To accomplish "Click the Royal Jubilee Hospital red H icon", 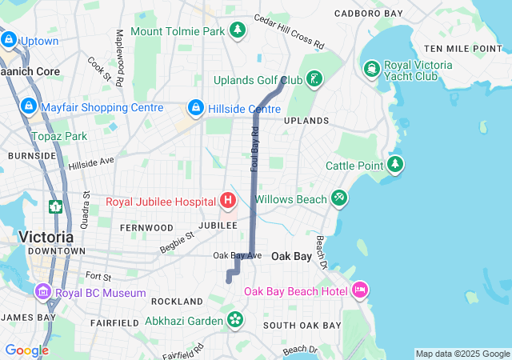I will point(228,199).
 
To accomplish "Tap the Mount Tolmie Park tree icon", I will point(237,30).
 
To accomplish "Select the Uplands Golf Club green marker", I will point(315,79).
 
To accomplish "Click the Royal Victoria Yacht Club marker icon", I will point(371,70).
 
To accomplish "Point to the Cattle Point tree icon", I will point(395,165).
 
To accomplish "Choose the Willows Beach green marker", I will point(339,198).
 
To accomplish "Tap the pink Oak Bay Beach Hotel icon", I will point(359,289).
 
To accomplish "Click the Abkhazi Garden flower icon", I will point(234,320).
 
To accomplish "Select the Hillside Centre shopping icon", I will point(194,107).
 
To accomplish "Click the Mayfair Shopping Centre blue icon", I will point(28,105).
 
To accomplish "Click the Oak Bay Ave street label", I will point(238,255).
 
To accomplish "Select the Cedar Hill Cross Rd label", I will point(289,30).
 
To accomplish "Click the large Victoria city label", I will point(46,237).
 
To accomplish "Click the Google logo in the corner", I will point(26,350).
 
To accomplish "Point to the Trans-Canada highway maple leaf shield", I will point(56,207).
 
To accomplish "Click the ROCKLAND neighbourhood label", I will point(177,302).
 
